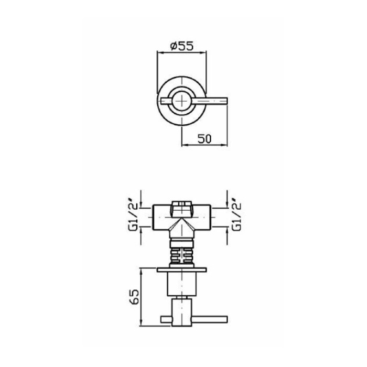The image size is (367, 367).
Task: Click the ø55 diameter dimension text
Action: coord(182,46)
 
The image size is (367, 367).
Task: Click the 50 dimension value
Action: coord(204,138)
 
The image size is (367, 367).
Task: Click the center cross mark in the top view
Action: coord(182,101)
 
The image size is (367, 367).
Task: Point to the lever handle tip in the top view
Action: coord(227,100)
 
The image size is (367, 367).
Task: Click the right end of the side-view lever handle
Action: coord(227,319)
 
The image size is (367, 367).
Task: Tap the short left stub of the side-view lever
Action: coord(166,319)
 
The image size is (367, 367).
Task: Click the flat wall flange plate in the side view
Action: coord(182,270)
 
